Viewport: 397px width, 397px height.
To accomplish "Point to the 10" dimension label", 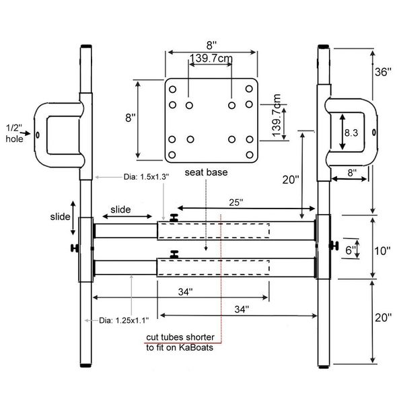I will pyautogui.click(x=382, y=251).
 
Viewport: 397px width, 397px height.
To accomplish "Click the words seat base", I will pyautogui.click(x=205, y=173).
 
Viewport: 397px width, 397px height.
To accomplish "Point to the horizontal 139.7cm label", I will pyautogui.click(x=211, y=59).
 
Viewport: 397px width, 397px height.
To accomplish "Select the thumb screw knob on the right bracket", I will pyautogui.click(x=332, y=246).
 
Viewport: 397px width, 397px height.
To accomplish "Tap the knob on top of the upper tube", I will pyautogui.click(x=174, y=217).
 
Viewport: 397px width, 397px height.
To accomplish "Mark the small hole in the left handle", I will pyautogui.click(x=37, y=135).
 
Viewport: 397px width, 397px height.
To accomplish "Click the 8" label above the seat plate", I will pyautogui.click(x=212, y=44).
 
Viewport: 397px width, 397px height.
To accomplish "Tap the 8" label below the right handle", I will pyautogui.click(x=351, y=172).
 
